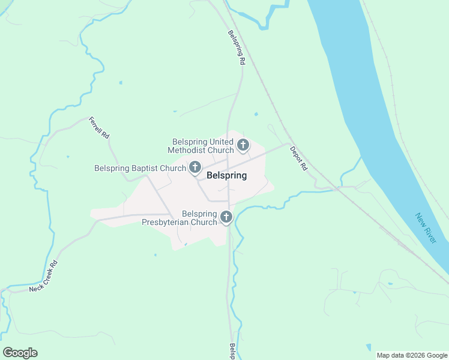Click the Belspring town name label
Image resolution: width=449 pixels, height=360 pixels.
(226, 176)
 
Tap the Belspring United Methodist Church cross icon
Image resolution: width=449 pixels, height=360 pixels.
(243, 145)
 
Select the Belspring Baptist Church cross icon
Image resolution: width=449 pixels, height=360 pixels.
(195, 167)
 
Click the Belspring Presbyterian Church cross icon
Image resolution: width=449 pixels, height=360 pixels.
(226, 217)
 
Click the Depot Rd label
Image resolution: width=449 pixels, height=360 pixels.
(298, 158)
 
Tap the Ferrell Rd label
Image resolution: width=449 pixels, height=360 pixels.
(100, 128)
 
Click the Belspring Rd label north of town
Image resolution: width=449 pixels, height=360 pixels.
(236, 48)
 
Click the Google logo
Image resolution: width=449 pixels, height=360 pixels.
(20, 353)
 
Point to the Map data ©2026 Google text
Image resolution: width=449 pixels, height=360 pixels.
(412, 355)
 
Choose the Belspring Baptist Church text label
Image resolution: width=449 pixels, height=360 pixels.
(140, 168)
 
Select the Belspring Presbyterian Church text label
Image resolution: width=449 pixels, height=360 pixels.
(179, 218)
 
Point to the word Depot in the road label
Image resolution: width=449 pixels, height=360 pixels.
(295, 154)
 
